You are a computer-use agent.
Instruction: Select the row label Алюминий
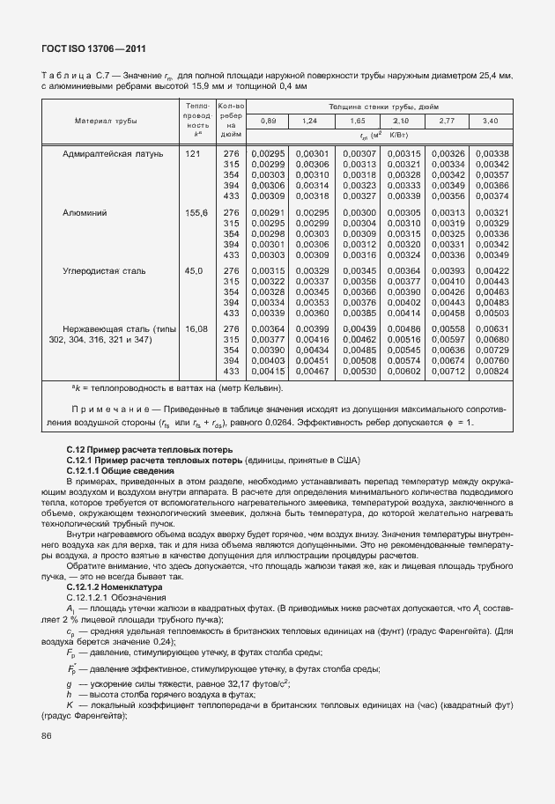(x=85, y=213)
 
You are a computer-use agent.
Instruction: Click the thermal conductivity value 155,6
(x=195, y=213)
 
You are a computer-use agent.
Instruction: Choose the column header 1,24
(x=309, y=121)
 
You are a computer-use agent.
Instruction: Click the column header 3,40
(x=491, y=121)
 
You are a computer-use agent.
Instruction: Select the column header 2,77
(x=446, y=121)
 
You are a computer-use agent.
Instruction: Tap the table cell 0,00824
(x=491, y=372)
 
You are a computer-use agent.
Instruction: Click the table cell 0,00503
(x=491, y=313)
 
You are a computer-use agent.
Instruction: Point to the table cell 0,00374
(x=491, y=196)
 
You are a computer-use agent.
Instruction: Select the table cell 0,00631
(x=491, y=329)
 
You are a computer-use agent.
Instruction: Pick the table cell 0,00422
(x=491, y=271)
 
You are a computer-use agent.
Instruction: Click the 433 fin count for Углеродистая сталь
(x=232, y=313)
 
